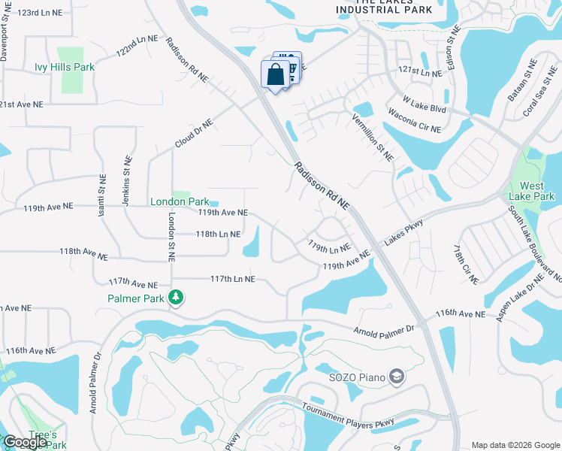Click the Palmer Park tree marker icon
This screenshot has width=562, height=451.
tap(176, 298)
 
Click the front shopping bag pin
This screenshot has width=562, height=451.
tap(276, 75)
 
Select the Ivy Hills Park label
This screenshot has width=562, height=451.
tap(65, 67)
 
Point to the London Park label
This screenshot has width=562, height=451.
tap(180, 201)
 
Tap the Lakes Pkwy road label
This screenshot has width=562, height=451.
tap(405, 232)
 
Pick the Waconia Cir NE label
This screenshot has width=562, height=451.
tap(414, 119)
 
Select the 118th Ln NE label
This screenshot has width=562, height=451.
tap(218, 235)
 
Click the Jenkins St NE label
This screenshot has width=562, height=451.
tap(127, 183)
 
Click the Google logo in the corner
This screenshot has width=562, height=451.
tap(25, 442)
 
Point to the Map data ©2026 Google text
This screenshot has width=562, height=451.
tap(515, 445)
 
